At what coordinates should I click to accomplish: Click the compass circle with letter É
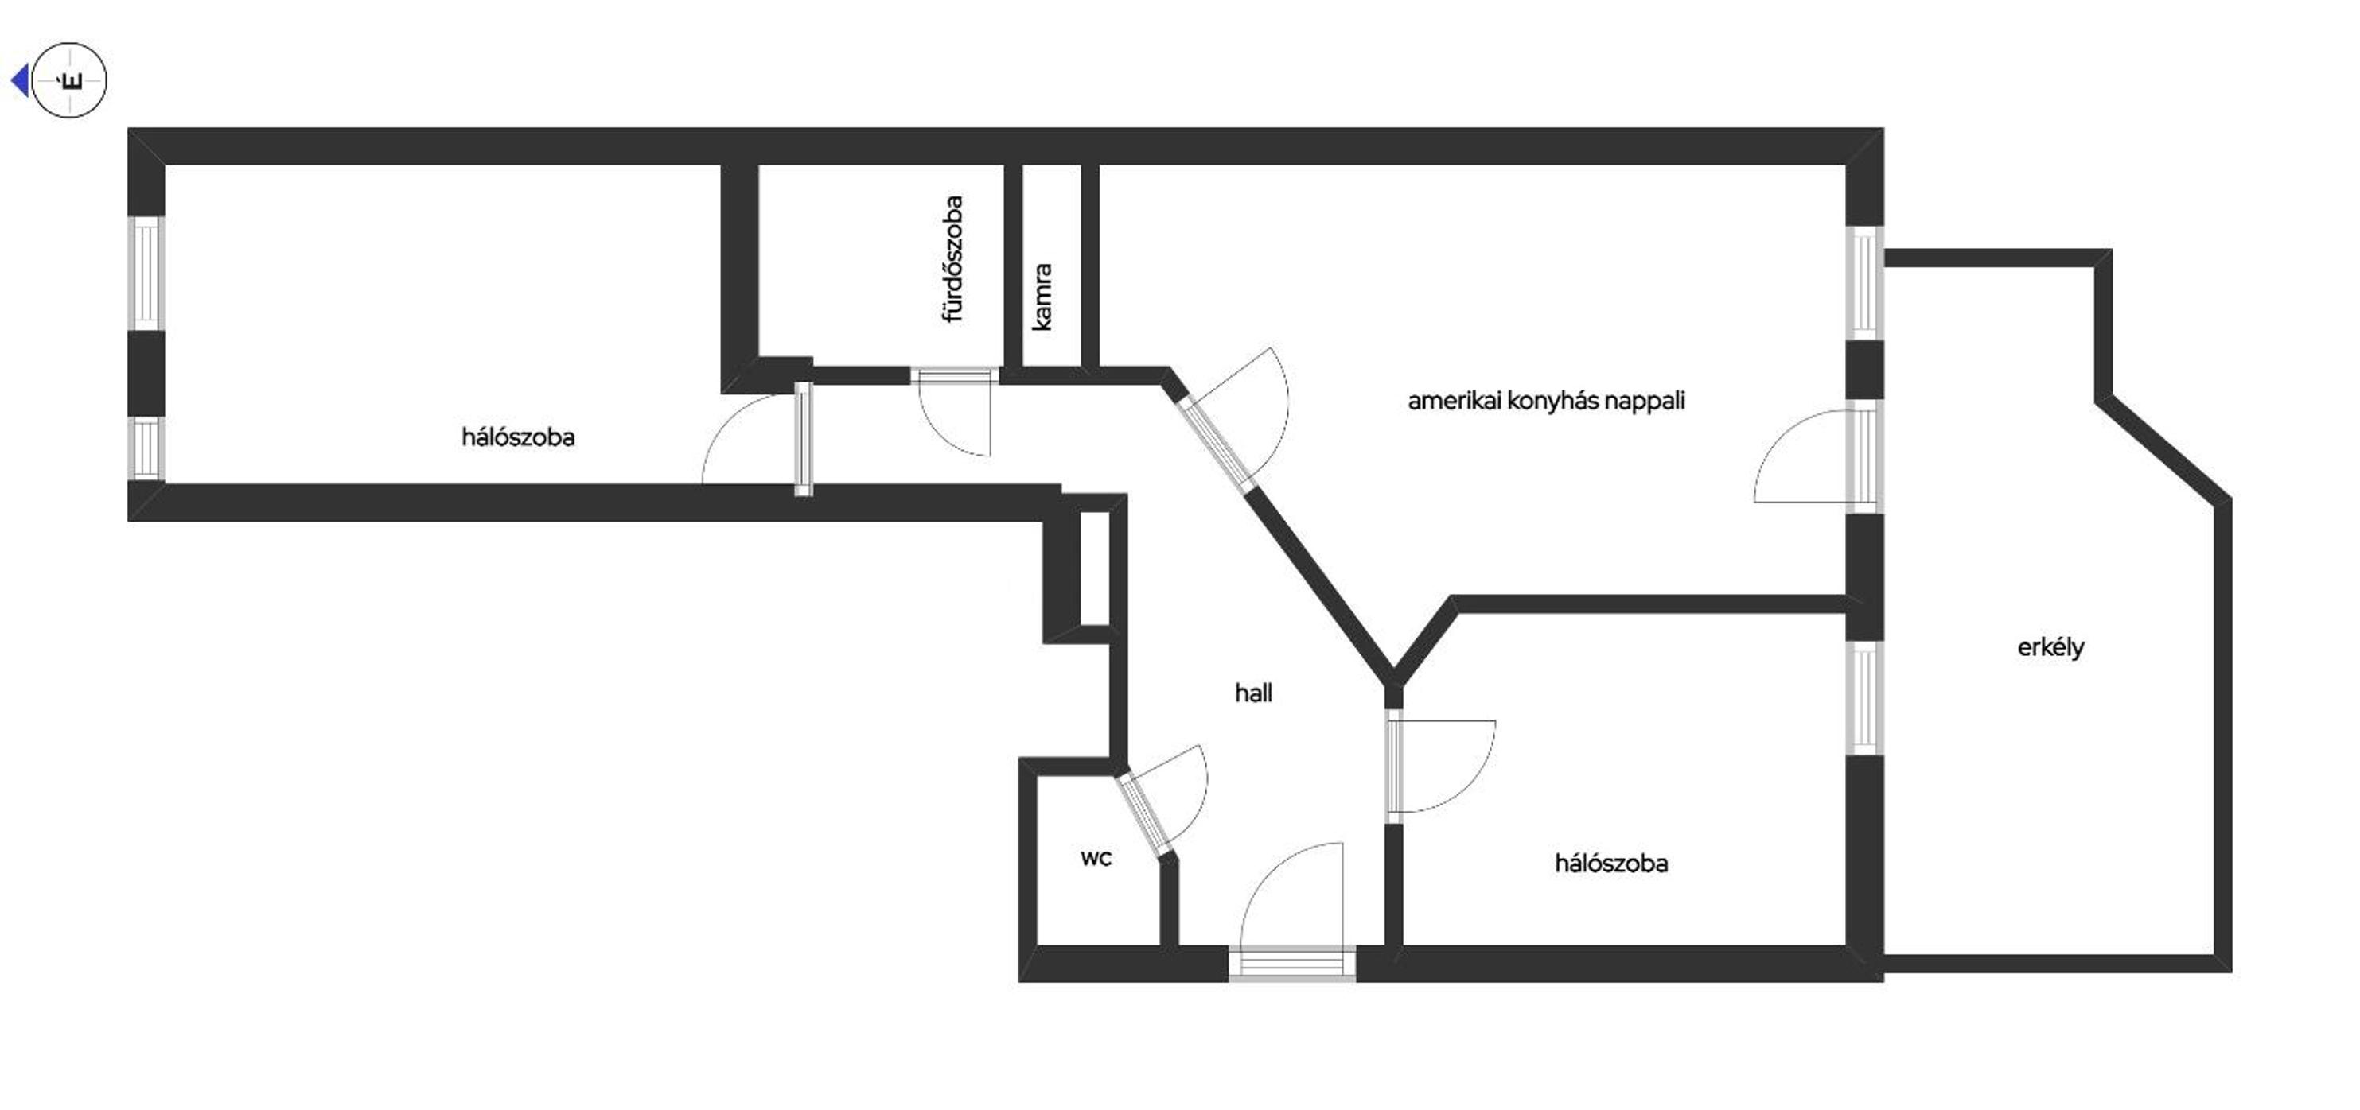[70, 80]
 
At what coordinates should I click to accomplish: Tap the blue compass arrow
[19, 80]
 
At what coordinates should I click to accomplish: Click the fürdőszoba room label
[954, 259]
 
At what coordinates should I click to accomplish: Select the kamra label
[1042, 297]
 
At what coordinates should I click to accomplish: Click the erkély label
[2050, 647]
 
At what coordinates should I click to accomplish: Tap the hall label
[1253, 693]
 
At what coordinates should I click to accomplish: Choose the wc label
[1096, 858]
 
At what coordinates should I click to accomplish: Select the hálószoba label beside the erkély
[1610, 864]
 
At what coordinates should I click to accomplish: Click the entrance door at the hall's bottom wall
[1291, 911]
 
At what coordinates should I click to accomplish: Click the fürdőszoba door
[955, 412]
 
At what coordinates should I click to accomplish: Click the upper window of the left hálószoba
[146, 272]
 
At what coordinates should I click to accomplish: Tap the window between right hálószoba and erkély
[1864, 698]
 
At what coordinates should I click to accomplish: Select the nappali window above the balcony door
[1864, 283]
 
